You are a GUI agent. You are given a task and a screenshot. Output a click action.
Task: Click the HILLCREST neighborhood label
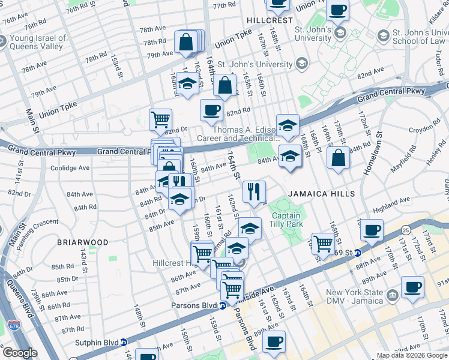tap(270, 20)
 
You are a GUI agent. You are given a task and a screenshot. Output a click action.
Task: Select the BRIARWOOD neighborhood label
tap(83, 242)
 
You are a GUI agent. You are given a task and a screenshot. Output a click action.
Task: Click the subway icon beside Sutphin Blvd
tap(124, 342)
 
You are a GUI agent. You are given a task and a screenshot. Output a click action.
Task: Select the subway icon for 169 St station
tap(357, 253)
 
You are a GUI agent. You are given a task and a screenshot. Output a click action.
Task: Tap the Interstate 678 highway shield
tap(13, 326)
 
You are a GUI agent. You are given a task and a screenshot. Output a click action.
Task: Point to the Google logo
tap(19, 353)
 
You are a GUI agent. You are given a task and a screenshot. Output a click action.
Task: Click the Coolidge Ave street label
tap(70, 168)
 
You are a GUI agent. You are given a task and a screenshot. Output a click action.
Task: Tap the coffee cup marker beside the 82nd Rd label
tap(211, 110)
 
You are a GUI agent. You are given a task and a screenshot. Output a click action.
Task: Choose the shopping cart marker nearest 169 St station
tap(323, 244)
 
